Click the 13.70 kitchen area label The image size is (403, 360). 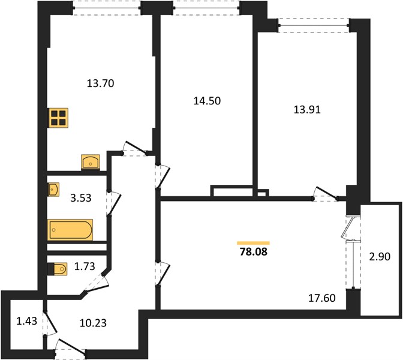[x=101, y=83]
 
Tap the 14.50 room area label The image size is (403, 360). [x=207, y=101]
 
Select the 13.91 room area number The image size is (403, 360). [x=307, y=110]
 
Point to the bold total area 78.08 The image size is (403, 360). [x=254, y=252]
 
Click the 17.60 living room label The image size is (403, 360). [x=322, y=298]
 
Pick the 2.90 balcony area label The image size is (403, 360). [x=380, y=256]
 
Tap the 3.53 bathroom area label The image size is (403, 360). [x=81, y=198]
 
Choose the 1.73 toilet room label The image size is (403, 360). [x=85, y=266]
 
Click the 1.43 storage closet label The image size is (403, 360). [x=27, y=321]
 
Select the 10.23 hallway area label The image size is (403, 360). [x=93, y=323]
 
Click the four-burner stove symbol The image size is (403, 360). [x=59, y=118]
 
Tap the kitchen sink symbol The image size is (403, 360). [x=91, y=162]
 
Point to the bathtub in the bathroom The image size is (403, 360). [x=70, y=230]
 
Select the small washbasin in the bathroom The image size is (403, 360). [x=53, y=190]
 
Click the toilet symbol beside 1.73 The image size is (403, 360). [x=58, y=269]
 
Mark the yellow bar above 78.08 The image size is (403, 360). [x=254, y=243]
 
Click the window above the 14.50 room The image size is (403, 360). [x=206, y=8]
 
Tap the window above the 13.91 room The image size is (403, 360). [x=314, y=25]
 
